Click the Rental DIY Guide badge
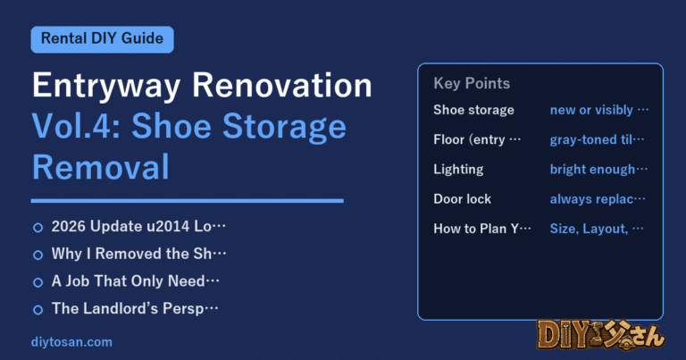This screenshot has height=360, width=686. [x=103, y=39]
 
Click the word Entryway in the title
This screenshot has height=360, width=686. [x=106, y=86]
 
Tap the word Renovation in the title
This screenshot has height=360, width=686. [x=282, y=85]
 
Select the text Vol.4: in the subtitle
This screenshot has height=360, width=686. [x=76, y=126]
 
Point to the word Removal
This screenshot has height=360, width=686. [x=101, y=167]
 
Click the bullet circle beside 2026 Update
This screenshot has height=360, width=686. [x=38, y=228]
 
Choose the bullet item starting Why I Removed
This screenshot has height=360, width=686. [x=138, y=254]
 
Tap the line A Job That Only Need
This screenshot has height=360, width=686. [x=135, y=280]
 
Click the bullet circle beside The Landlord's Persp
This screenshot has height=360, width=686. [x=38, y=310]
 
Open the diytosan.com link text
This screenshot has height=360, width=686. [x=71, y=342]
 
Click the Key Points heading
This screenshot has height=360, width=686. [x=472, y=83]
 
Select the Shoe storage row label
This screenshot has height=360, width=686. [x=473, y=110]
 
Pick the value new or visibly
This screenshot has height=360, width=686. [x=599, y=110]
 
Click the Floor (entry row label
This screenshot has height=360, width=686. [x=477, y=139]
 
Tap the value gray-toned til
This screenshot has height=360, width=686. [x=597, y=139]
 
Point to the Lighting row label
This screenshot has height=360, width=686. [x=458, y=170]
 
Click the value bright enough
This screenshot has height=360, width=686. [x=598, y=170]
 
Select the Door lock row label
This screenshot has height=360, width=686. [x=463, y=199]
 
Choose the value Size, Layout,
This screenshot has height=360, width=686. [x=597, y=229]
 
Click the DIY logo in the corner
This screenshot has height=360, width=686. [x=601, y=336]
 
